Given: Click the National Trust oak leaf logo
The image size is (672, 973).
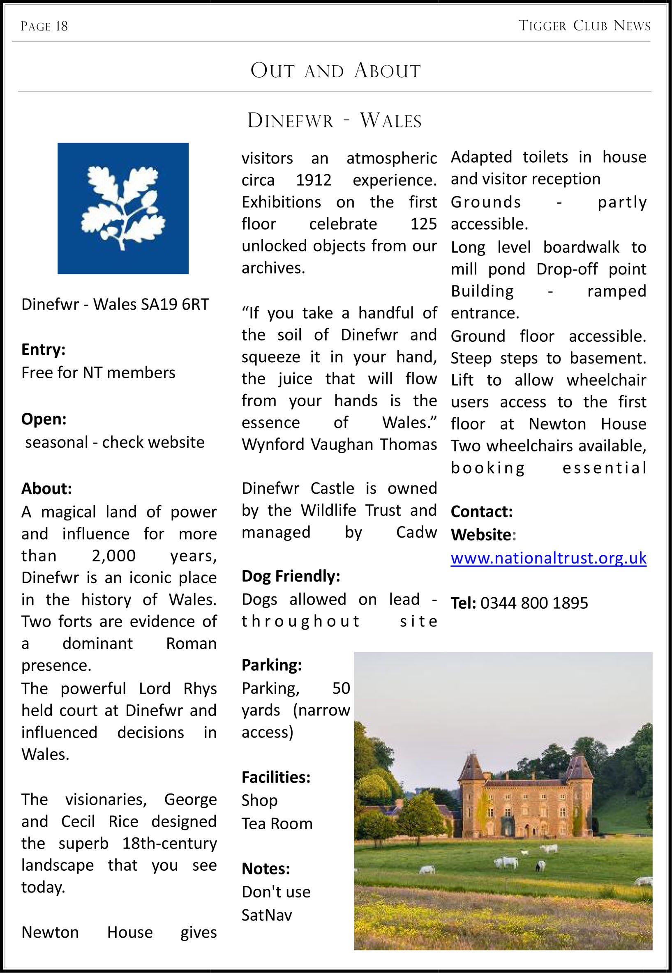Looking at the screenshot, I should click(x=123, y=208).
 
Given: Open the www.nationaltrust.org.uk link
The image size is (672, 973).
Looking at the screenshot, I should click(x=548, y=558).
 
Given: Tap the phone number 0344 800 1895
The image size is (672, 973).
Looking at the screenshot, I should click(x=534, y=603).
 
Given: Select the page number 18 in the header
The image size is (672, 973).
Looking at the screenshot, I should click(x=62, y=27).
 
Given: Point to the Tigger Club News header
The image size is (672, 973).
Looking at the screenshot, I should click(x=584, y=25).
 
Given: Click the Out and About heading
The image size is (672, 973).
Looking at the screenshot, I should click(x=335, y=70).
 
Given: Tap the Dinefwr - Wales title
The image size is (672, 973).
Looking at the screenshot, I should click(x=334, y=121).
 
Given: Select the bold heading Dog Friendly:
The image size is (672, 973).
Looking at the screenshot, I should click(x=291, y=576).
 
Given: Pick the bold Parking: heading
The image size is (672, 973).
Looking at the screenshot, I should click(x=272, y=665).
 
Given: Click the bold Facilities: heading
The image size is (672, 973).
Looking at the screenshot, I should click(x=276, y=777).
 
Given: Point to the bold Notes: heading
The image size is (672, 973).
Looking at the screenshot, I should click(x=266, y=868).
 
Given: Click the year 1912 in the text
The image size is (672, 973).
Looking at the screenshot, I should click(x=313, y=180).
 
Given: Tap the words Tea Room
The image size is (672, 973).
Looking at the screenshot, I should click(x=277, y=823).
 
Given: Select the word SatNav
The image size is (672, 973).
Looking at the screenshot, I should click(x=266, y=915).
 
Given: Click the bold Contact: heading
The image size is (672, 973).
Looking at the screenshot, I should click(x=481, y=511).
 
